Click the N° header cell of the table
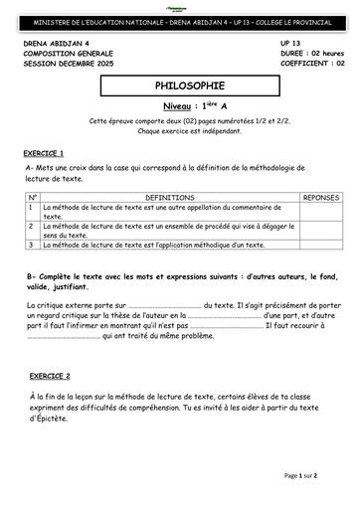(32, 198)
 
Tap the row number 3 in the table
(32, 245)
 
